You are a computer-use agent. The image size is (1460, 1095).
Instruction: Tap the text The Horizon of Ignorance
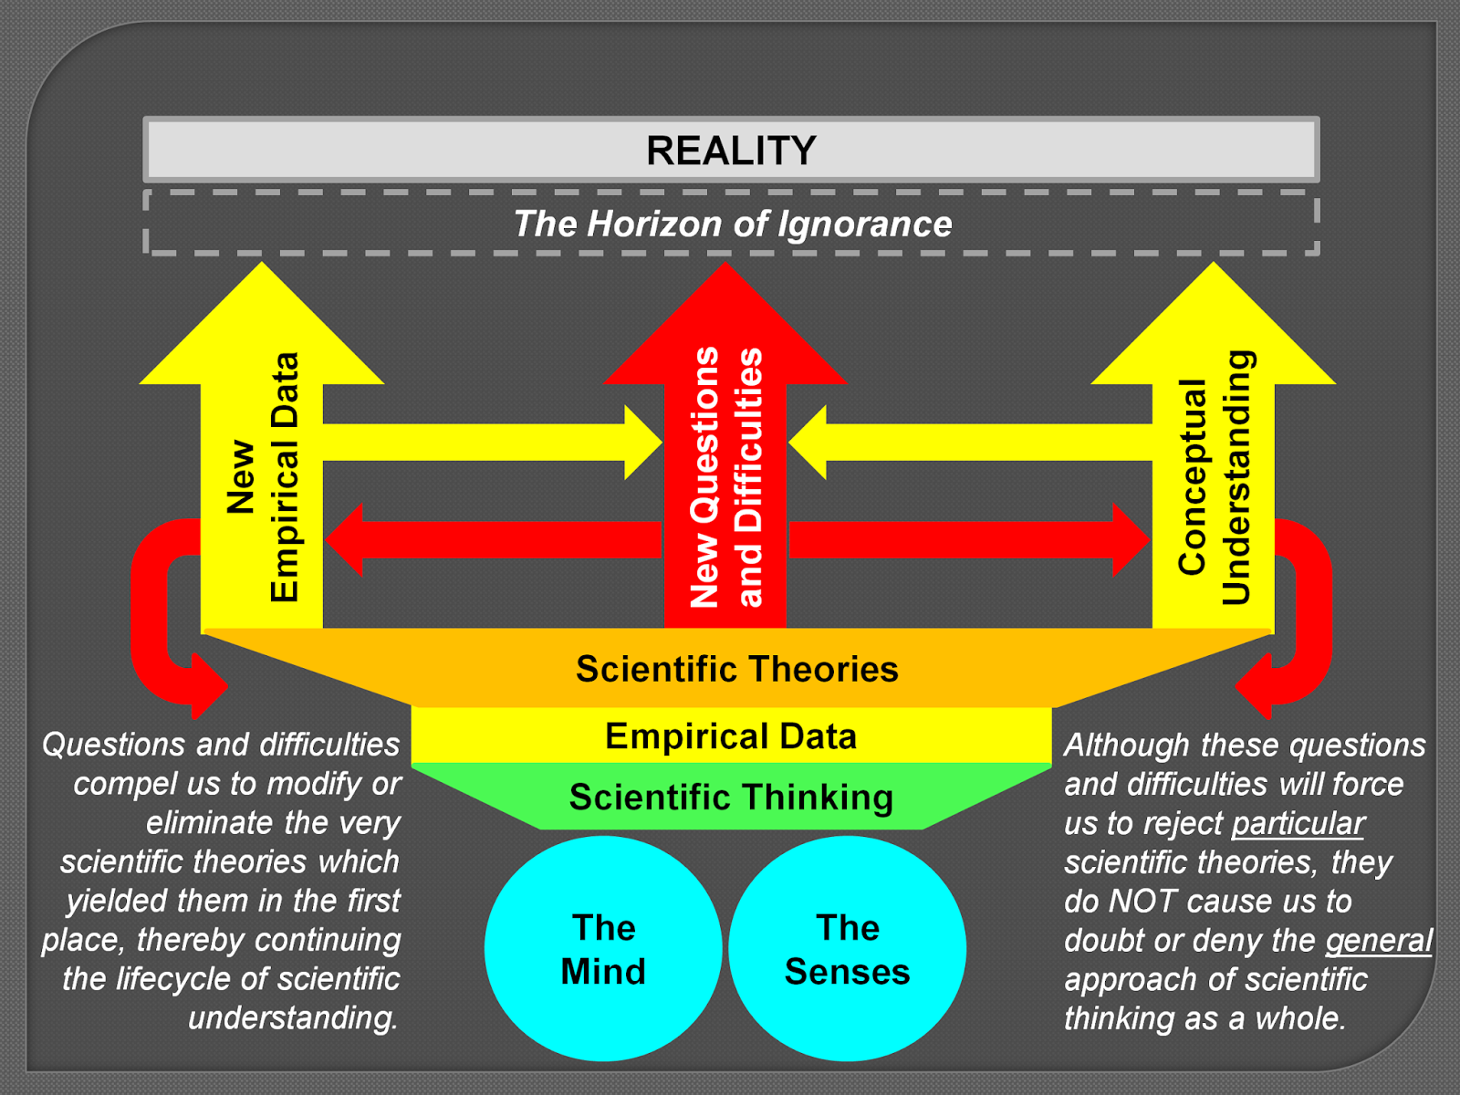tap(732, 224)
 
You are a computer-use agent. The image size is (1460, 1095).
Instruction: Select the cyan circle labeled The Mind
tap(603, 949)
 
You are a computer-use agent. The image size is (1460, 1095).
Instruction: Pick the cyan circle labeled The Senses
tap(847, 949)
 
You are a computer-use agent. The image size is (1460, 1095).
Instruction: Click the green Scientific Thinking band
tap(731, 798)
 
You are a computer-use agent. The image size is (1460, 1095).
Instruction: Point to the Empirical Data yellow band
tap(731, 736)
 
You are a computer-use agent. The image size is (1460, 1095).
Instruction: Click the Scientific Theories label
tap(736, 670)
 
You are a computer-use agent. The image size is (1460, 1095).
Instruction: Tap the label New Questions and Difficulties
tap(725, 477)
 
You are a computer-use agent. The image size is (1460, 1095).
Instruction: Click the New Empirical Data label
tap(263, 477)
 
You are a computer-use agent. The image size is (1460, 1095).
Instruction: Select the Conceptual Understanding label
tap(1215, 477)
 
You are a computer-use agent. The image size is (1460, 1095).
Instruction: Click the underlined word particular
tap(1298, 824)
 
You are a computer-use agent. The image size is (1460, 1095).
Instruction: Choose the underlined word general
tap(1378, 941)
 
